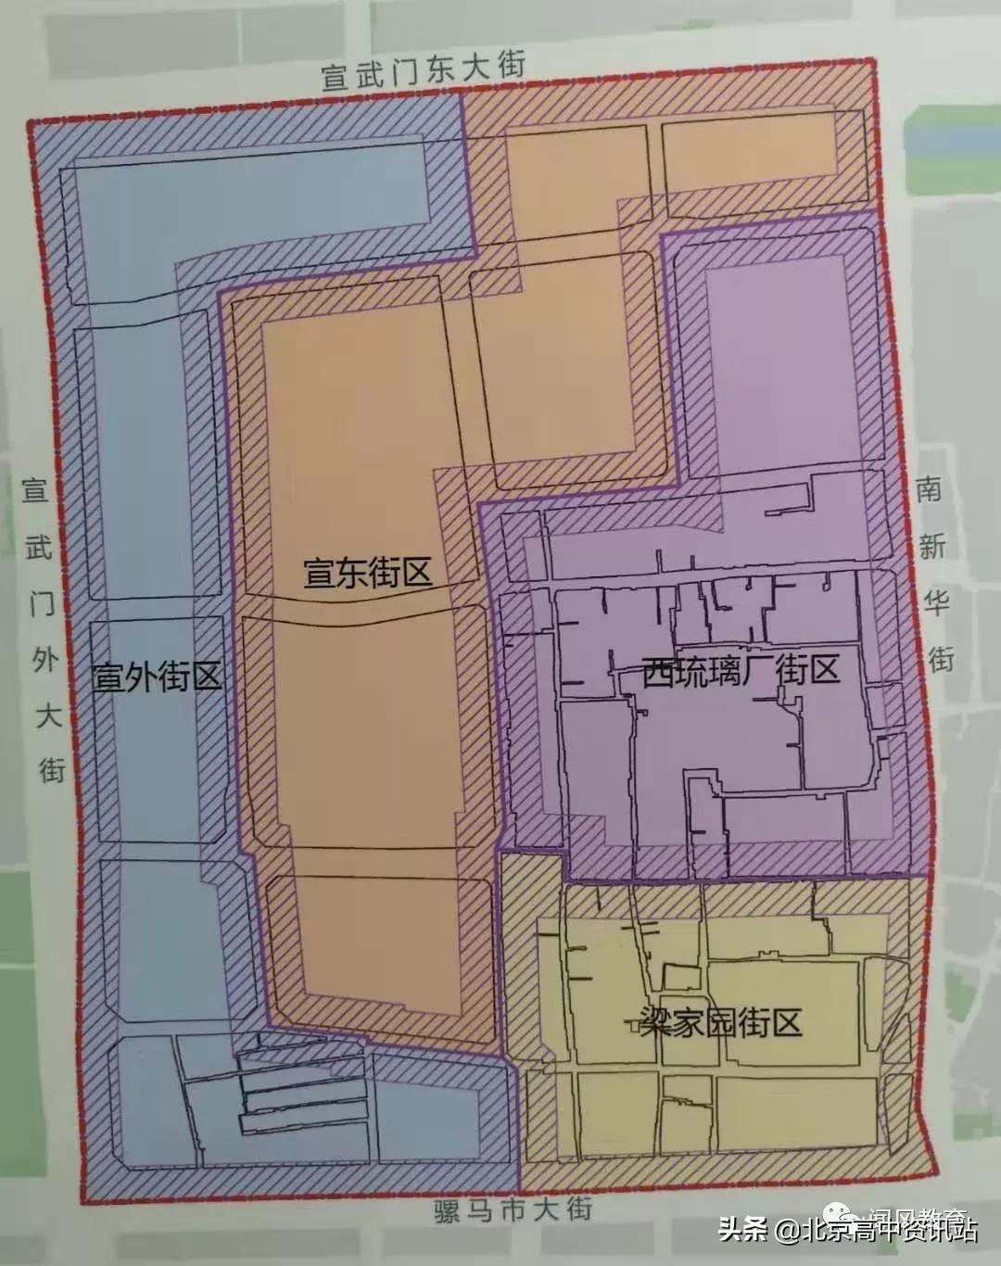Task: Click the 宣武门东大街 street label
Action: pyautogui.click(x=424, y=70)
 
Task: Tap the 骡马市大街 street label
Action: pyautogui.click(x=512, y=1210)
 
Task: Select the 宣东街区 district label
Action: pyautogui.click(x=368, y=572)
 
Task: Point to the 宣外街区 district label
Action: pyautogui.click(x=157, y=677)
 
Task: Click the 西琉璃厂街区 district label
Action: pyautogui.click(x=741, y=669)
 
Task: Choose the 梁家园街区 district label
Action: pyautogui.click(x=719, y=1023)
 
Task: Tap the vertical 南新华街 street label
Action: pyautogui.click(x=932, y=575)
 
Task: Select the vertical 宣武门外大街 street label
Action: pyautogui.click(x=43, y=629)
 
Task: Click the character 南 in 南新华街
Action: pyautogui.click(x=930, y=489)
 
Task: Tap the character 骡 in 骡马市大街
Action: pyautogui.click(x=447, y=1211)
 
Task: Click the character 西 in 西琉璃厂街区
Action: pyautogui.click(x=657, y=671)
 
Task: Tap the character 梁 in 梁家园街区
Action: pyautogui.click(x=654, y=1024)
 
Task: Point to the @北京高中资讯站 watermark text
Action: pyautogui.click(x=877, y=1231)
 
